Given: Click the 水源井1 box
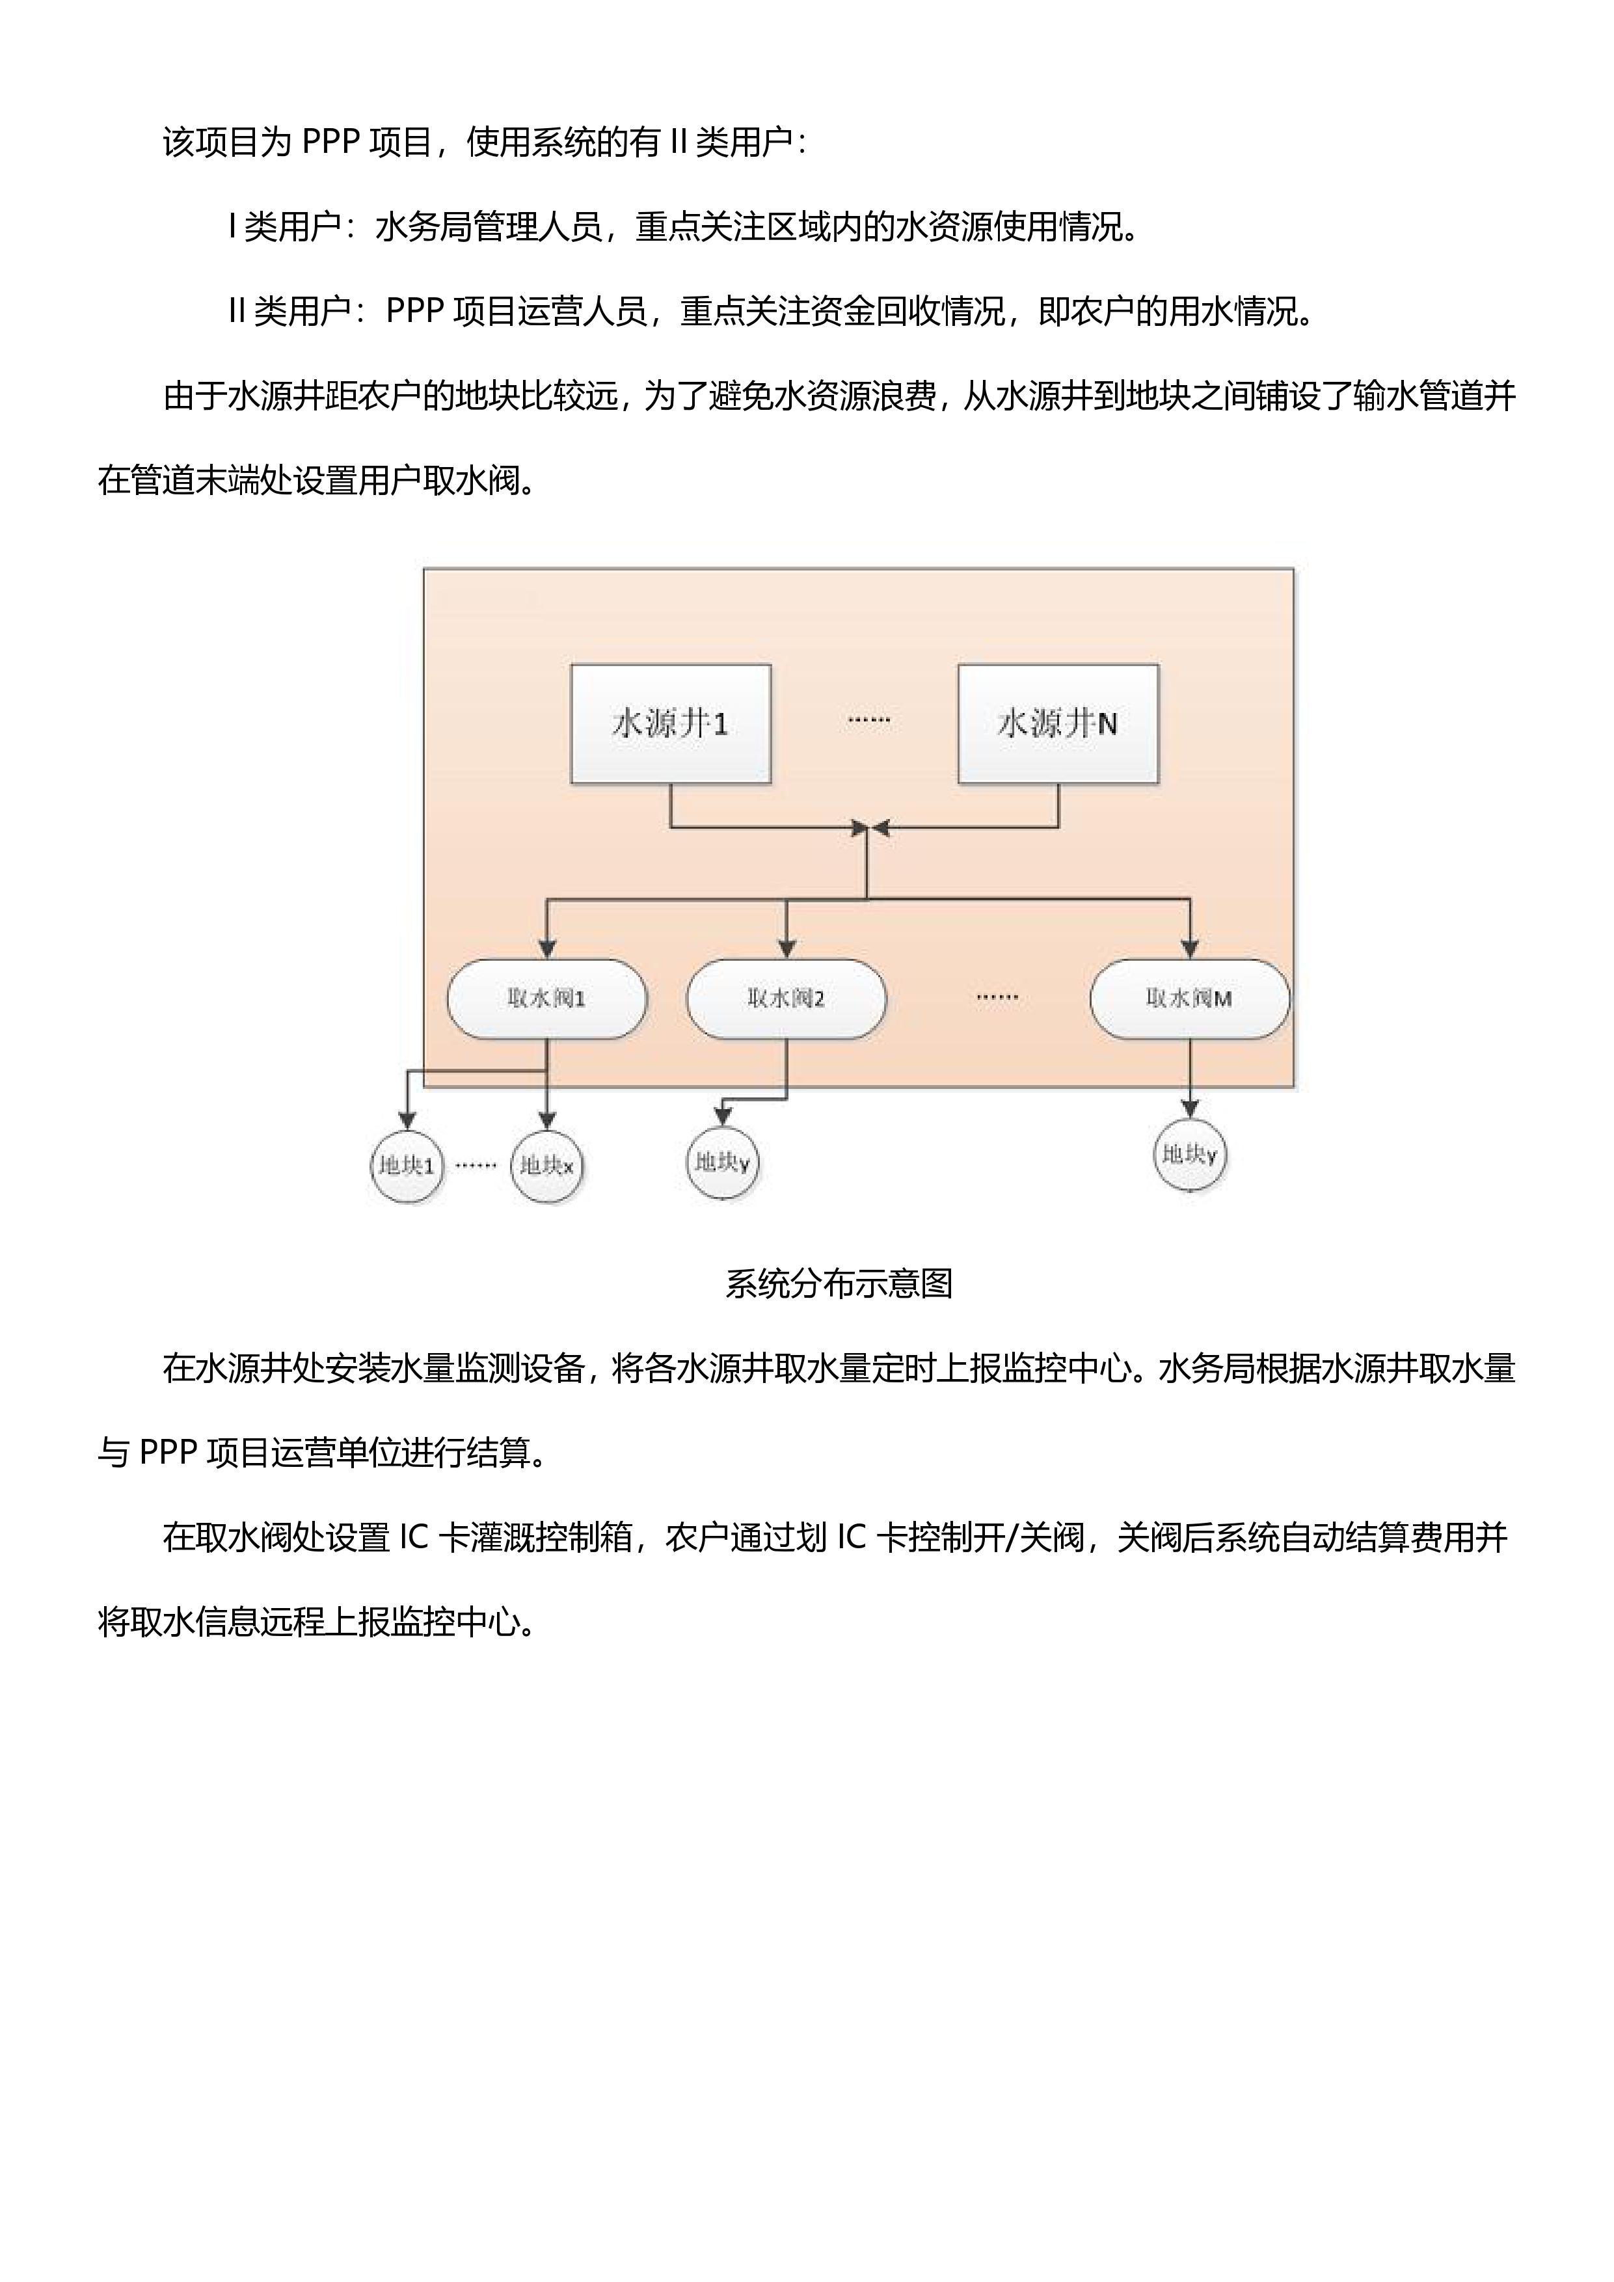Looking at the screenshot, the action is click(x=671, y=723).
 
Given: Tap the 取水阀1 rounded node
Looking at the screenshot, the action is click(x=546, y=999).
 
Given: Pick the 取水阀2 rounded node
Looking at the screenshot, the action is click(x=786, y=999).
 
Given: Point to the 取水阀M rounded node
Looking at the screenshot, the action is click(x=1190, y=999).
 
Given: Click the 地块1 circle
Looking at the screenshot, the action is click(x=407, y=1165).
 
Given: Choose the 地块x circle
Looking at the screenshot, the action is click(x=546, y=1165).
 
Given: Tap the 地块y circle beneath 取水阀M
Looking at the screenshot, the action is click(x=1190, y=1154).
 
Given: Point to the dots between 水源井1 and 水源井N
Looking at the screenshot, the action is click(x=868, y=719).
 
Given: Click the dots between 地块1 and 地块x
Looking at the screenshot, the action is click(x=476, y=1165).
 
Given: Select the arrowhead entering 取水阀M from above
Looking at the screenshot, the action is click(x=1190, y=949).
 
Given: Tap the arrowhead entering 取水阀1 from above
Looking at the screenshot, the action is click(x=546, y=949).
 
